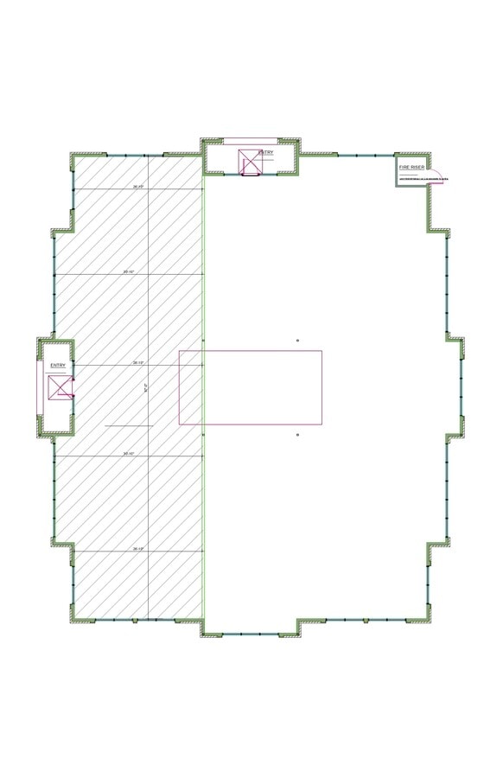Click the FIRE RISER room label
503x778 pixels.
[x=411, y=166]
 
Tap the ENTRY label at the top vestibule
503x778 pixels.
[x=265, y=153]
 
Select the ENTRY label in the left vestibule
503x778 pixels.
[x=58, y=366]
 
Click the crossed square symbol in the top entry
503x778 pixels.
[x=250, y=163]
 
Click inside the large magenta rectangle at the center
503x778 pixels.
[x=251, y=387]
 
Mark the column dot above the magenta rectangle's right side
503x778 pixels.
[x=298, y=341]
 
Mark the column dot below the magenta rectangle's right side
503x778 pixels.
[x=298, y=435]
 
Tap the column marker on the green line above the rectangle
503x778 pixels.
[x=203, y=341]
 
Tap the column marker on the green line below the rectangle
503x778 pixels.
[x=203, y=435]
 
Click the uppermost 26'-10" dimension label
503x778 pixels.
[x=138, y=187]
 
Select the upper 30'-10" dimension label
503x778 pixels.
[x=130, y=272]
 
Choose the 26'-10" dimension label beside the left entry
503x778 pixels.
[x=138, y=363]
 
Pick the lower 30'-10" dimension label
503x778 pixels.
[x=130, y=453]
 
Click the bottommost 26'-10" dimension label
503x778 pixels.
[x=138, y=548]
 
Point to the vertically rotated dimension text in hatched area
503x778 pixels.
[x=146, y=389]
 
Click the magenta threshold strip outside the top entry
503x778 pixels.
[x=251, y=140]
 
